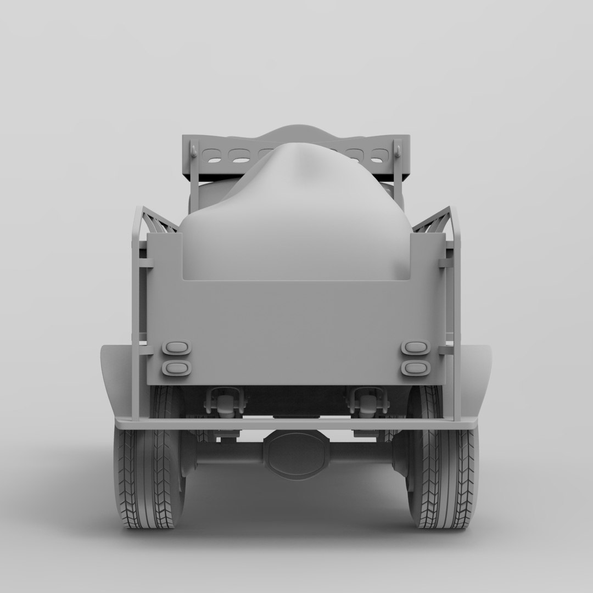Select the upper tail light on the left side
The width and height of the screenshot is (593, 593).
(176, 348)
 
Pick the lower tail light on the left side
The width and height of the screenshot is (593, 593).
(176, 368)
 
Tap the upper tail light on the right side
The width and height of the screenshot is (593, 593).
(416, 348)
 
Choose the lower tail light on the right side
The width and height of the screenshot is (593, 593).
(416, 368)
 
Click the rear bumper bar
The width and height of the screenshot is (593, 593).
(296, 423)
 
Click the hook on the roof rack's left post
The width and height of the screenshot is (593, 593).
(194, 149)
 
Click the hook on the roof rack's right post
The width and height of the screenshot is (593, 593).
(398, 149)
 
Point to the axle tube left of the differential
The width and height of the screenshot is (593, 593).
(228, 451)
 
